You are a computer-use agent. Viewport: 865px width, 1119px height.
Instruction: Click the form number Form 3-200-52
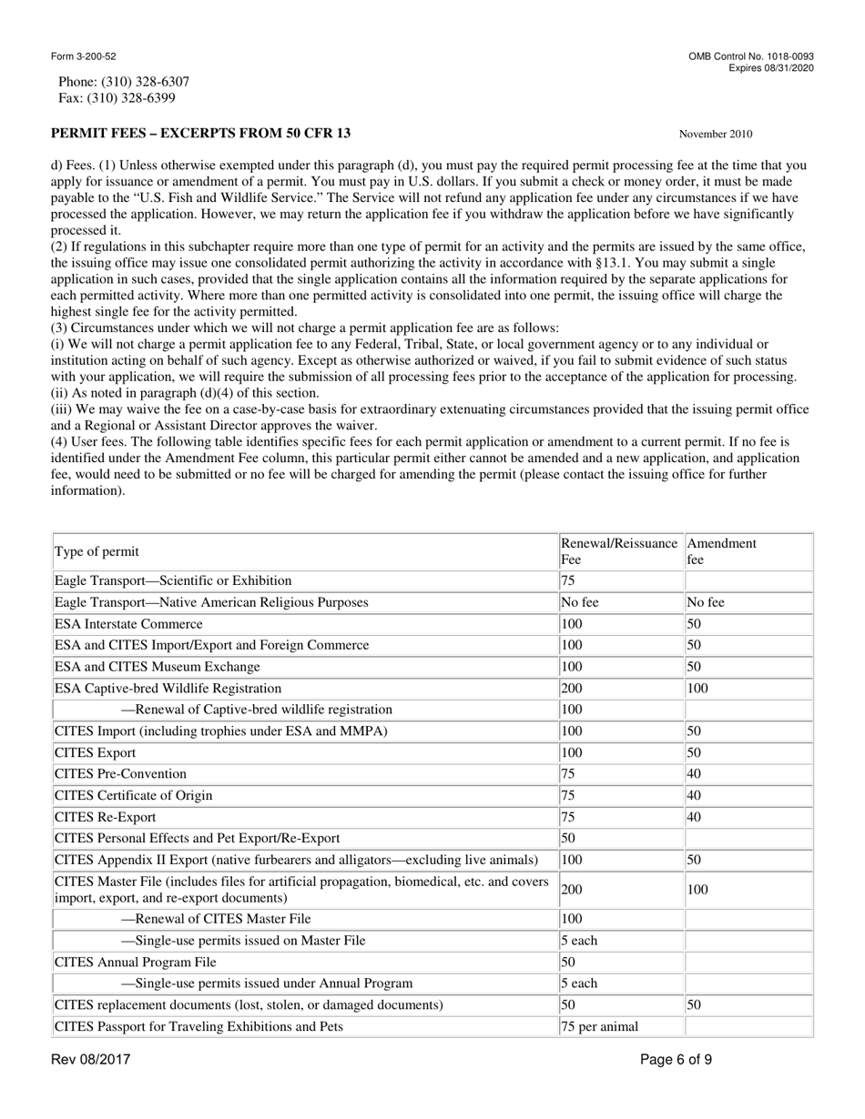pos(83,56)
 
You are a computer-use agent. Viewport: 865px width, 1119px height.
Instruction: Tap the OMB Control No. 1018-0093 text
pos(751,56)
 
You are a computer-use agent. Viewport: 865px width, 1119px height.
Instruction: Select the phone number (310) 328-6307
pos(146,82)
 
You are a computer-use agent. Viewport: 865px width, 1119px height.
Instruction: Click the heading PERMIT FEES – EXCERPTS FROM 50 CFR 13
pos(200,134)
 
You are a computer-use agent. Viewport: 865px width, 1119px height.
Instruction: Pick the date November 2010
pos(715,135)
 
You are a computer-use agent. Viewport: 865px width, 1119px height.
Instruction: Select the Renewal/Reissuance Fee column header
pos(619,552)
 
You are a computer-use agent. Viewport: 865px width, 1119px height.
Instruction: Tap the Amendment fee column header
pos(721,552)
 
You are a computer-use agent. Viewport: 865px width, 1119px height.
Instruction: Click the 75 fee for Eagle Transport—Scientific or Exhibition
pos(567,580)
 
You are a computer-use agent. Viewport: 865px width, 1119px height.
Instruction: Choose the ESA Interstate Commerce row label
pos(128,624)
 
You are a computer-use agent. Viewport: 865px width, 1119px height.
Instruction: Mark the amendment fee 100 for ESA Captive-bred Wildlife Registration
pos(697,689)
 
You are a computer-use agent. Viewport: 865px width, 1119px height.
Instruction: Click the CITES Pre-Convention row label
pos(120,774)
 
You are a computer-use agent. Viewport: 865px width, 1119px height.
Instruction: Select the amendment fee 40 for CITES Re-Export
pos(694,817)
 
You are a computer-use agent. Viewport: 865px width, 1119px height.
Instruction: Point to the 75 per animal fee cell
pos(599,1028)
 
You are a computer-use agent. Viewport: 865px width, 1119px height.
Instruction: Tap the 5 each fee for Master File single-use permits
pos(579,941)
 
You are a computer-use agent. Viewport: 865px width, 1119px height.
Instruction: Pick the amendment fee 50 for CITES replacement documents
pos(694,1005)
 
